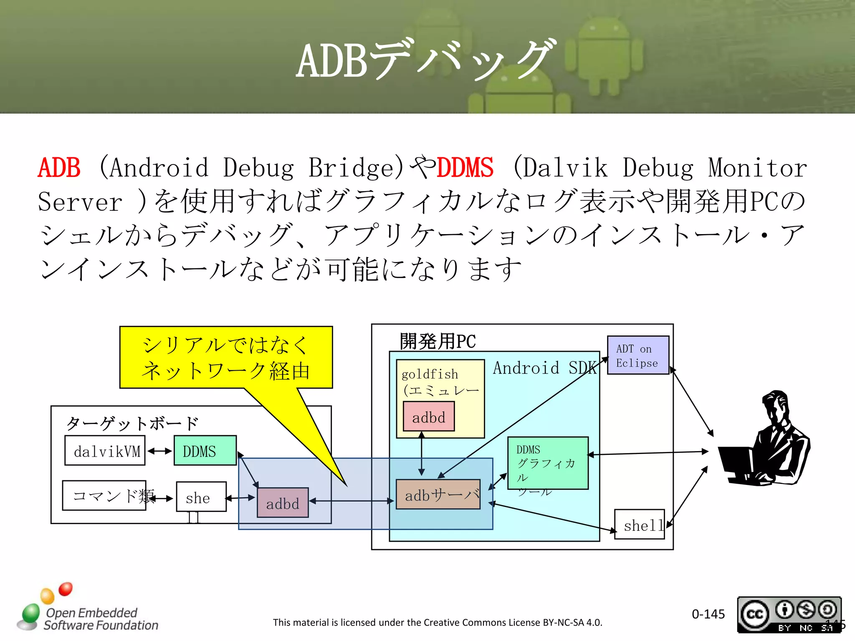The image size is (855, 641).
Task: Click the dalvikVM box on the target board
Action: [x=105, y=451]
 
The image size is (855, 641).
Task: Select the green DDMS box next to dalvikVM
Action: [x=205, y=451]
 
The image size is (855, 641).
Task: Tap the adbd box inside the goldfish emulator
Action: [x=428, y=416]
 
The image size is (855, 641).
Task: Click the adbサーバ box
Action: [x=438, y=495]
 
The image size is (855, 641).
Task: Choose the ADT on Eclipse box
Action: [x=637, y=355]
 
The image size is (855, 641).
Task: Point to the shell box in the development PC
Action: [x=639, y=525]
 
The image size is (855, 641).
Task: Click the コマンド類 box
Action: [x=104, y=495]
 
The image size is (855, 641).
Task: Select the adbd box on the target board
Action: [x=283, y=503]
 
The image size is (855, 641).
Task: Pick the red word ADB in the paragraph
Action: [x=59, y=168]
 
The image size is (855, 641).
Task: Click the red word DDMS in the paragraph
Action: [x=465, y=168]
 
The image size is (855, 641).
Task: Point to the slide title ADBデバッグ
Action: [x=426, y=61]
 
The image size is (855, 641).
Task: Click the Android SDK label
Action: [x=544, y=368]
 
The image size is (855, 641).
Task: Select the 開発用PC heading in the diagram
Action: [x=438, y=341]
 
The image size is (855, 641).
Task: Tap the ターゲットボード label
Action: [x=132, y=423]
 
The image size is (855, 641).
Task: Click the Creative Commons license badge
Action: [x=789, y=614]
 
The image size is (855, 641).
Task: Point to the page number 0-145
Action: [x=708, y=614]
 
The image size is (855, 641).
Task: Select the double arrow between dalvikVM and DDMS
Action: [x=159, y=451]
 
